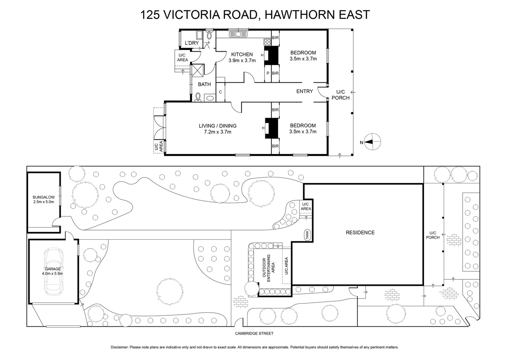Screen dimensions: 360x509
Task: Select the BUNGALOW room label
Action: click(x=44, y=199)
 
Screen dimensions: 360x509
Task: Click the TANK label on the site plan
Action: click(x=307, y=235)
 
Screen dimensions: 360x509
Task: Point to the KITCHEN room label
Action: click(x=242, y=55)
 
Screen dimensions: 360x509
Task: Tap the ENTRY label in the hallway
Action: click(x=304, y=91)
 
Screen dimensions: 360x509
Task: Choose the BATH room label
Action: click(x=204, y=84)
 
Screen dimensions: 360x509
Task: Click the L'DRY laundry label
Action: click(x=192, y=43)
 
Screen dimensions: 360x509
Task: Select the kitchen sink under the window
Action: click(x=238, y=34)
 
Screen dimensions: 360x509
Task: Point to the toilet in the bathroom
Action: click(x=198, y=97)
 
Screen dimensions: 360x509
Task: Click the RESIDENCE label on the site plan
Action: click(x=360, y=233)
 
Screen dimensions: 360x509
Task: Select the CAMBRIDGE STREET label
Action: click(x=254, y=333)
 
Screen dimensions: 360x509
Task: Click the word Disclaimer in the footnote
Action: click(x=119, y=347)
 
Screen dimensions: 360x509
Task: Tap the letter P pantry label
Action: click(x=268, y=73)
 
